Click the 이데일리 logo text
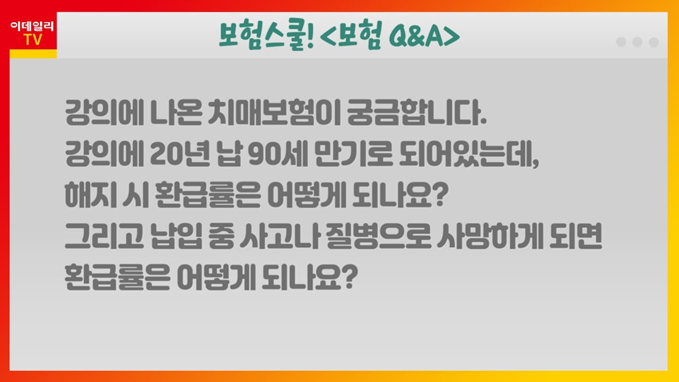tap(32, 27)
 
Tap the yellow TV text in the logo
tap(33, 40)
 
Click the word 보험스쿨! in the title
tap(267, 36)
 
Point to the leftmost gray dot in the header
tap(621, 42)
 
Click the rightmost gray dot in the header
tap(654, 42)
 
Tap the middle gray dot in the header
tap(638, 42)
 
